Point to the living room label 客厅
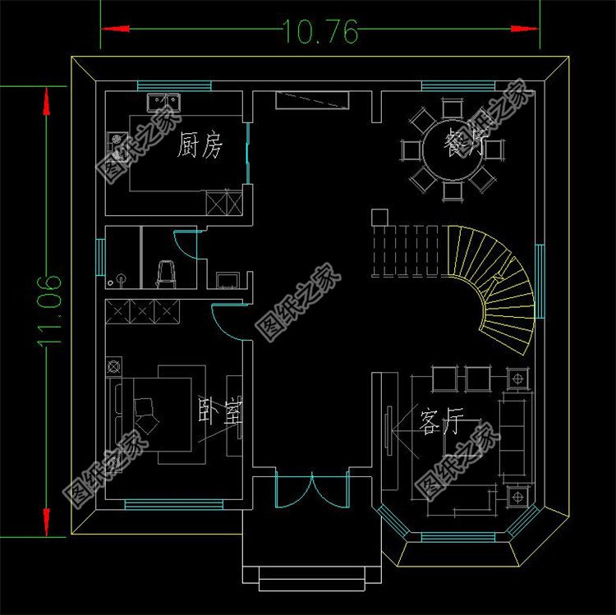point(441,425)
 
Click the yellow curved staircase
point(501,279)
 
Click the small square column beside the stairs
point(379,217)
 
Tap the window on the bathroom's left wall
point(99,257)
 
